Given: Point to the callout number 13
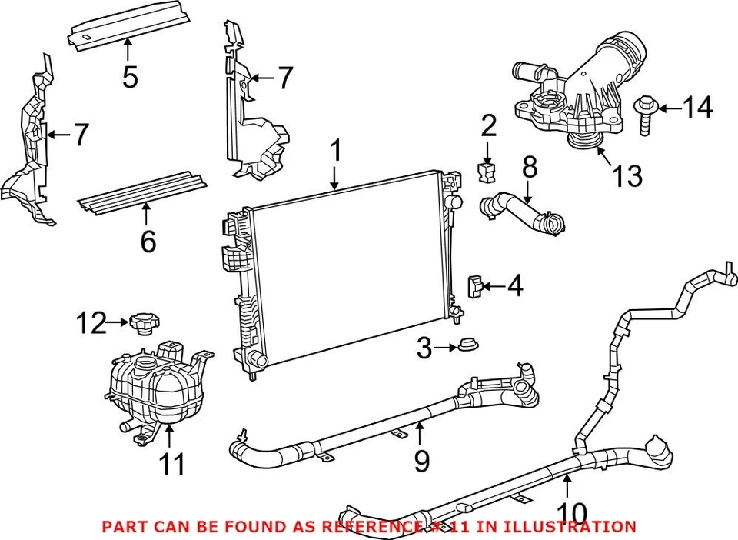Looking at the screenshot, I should pos(627,176).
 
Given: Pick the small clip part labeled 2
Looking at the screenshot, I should pos(487,172).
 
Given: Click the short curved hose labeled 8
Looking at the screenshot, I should pos(523,212).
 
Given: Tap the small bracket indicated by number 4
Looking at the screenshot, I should pos(476,287).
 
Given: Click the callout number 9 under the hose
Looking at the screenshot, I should pos(421,461).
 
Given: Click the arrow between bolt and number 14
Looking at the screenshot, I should pos(669,109).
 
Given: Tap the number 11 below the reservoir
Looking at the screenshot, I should pos(172,464).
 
